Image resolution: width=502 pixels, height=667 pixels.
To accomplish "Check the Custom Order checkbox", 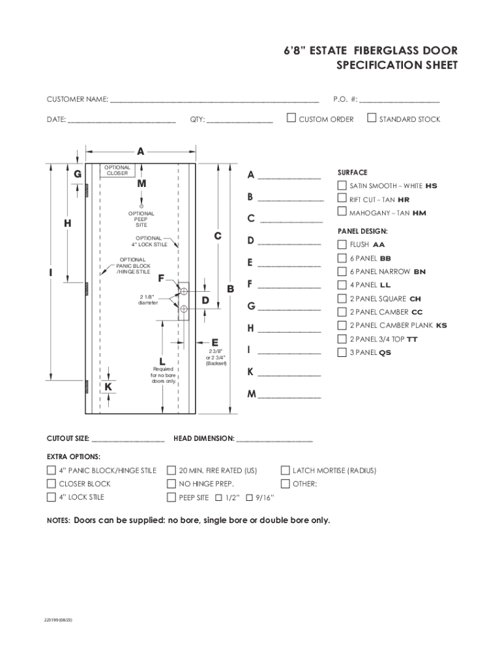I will (292, 118).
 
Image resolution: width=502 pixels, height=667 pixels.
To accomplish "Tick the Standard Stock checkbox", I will (372, 118).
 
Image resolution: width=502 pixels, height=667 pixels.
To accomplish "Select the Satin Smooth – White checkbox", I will (342, 185).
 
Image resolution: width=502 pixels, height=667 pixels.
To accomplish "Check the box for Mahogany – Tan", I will (342, 212).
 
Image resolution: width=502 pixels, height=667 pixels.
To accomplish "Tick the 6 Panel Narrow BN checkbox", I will (342, 272).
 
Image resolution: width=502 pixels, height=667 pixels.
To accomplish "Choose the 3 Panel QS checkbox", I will (342, 352).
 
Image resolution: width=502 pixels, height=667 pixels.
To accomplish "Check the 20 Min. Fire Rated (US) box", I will (171, 470).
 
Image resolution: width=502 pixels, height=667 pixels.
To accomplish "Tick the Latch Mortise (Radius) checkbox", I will (285, 470).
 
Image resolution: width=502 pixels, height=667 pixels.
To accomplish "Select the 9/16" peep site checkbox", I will (250, 498).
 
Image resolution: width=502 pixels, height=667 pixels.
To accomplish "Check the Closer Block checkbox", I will (52, 484).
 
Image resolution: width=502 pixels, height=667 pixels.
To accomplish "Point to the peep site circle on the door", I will (141, 205).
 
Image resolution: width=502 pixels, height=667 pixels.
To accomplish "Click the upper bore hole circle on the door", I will (184, 291).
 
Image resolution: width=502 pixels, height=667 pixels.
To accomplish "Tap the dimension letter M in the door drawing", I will (141, 184).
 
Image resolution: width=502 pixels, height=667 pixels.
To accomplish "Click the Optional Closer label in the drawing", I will (117, 171).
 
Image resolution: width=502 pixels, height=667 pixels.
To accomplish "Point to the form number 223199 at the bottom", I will (59, 619).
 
